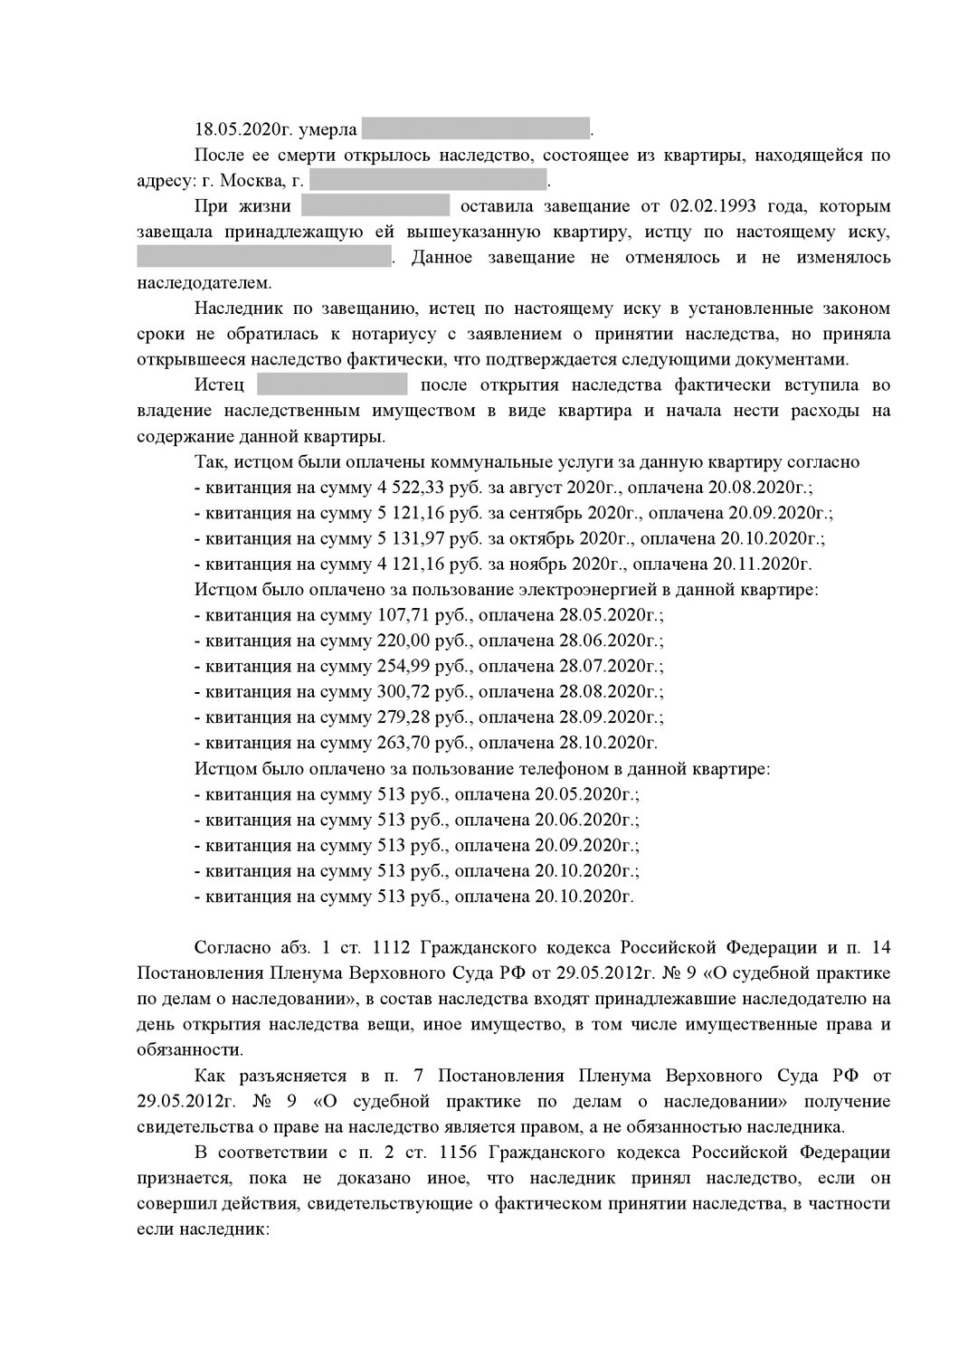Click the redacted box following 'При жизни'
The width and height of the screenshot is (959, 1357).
[x=375, y=206]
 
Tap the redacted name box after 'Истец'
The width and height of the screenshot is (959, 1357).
[x=332, y=386]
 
